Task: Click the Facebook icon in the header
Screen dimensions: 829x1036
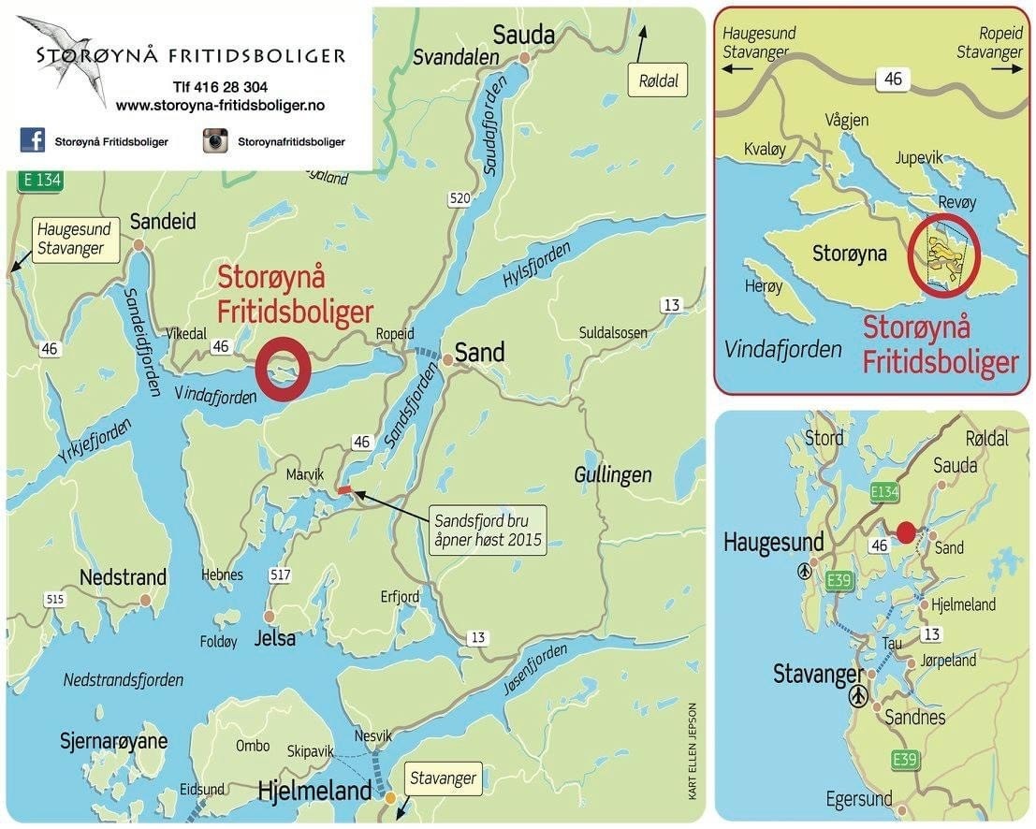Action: [33, 141]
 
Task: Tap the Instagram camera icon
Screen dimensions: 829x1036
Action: [216, 141]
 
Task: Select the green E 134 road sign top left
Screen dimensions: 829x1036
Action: [40, 181]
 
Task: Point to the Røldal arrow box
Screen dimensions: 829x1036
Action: [656, 80]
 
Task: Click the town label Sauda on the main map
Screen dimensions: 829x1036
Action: [523, 36]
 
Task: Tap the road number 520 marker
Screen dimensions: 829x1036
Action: [459, 199]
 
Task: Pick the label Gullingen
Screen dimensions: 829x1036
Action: [613, 476]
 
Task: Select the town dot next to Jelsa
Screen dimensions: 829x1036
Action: [269, 617]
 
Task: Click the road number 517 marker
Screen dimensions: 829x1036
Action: [279, 574]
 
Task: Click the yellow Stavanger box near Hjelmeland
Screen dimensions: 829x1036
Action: [443, 778]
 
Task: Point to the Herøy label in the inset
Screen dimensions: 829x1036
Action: [763, 286]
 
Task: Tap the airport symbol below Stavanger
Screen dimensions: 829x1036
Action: [858, 697]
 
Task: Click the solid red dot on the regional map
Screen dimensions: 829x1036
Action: [905, 532]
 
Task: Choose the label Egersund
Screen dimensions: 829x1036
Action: [859, 800]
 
